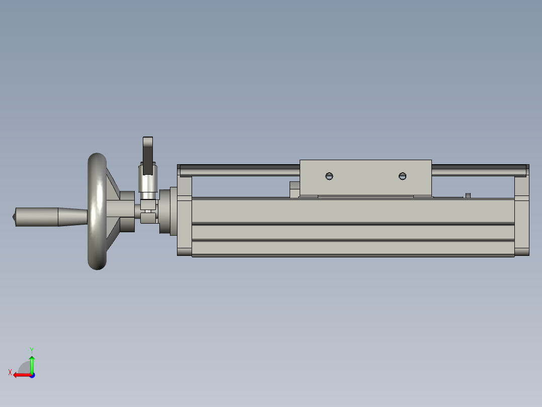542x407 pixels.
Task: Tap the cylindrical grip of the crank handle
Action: (37, 217)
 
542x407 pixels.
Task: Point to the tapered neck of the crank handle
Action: (73, 217)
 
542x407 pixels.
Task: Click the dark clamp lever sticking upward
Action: (148, 156)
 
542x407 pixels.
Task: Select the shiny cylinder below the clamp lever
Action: (148, 181)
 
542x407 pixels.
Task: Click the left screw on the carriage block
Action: (329, 176)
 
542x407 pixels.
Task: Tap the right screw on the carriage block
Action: (402, 176)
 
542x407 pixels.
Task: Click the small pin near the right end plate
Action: (468, 196)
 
